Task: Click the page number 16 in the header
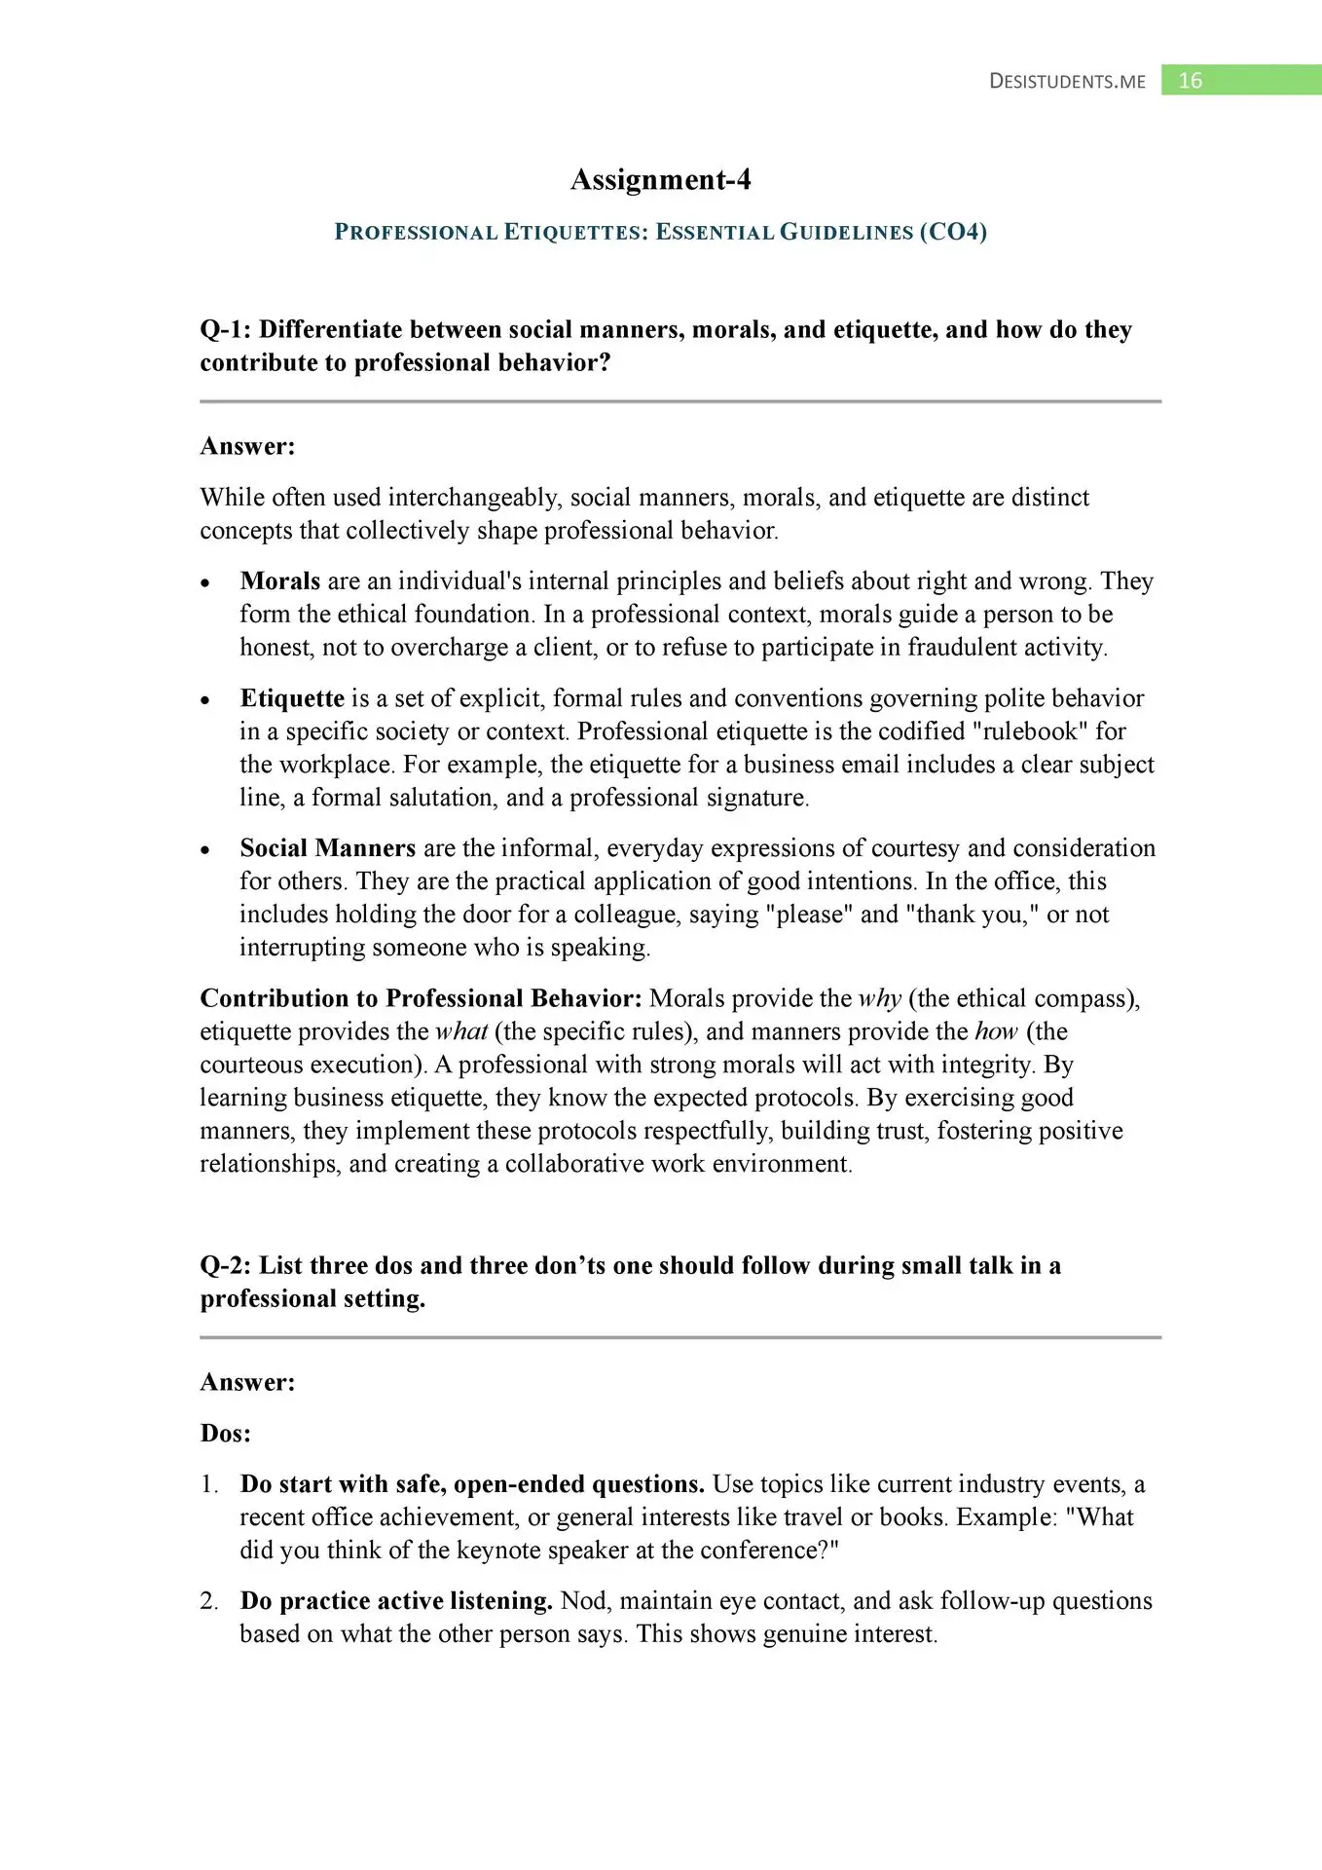click(1190, 81)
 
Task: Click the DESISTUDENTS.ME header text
click(1067, 82)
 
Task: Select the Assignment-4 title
click(660, 180)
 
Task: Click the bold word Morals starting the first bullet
click(280, 581)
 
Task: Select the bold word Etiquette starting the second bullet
click(292, 698)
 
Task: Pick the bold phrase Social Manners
click(328, 848)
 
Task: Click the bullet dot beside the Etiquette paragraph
click(205, 700)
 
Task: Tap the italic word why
click(879, 999)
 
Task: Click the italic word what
click(460, 1032)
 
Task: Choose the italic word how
click(996, 1032)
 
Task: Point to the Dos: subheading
click(226, 1434)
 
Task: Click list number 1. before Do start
click(209, 1484)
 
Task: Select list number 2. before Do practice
click(209, 1601)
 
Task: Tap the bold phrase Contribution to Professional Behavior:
click(421, 999)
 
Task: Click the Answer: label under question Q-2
click(247, 1383)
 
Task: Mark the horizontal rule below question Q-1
click(680, 401)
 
